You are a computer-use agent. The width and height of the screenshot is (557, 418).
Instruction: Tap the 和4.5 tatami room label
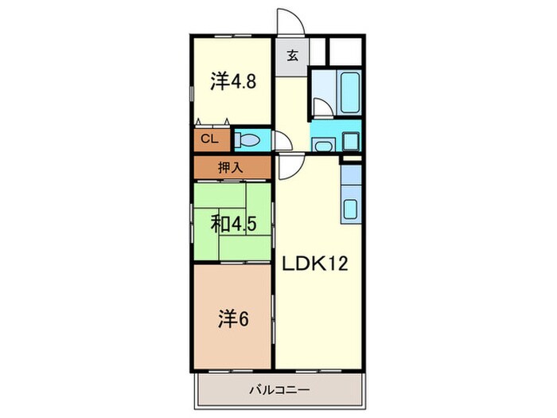(233, 224)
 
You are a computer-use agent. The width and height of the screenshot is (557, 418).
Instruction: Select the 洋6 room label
(231, 318)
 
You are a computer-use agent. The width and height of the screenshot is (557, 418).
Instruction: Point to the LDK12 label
(316, 264)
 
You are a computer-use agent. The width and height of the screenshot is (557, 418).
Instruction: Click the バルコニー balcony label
(278, 390)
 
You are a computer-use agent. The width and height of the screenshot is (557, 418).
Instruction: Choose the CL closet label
(209, 139)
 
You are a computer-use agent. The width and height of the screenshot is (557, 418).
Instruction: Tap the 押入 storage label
(232, 167)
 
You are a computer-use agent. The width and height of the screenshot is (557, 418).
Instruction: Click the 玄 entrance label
(291, 56)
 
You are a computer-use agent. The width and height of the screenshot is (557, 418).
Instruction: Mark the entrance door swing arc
(289, 22)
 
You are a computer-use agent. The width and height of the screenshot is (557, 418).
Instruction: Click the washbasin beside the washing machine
(321, 143)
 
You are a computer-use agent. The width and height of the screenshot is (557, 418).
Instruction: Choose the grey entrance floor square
(291, 56)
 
